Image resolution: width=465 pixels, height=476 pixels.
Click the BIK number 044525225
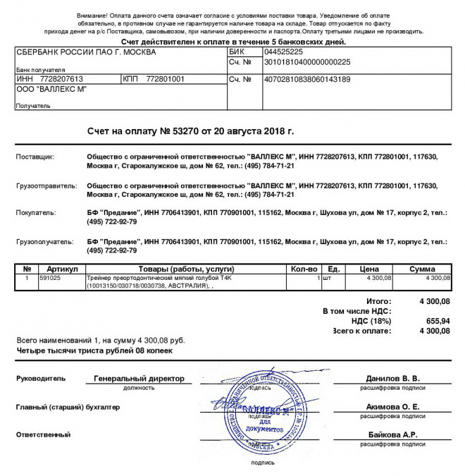pos(283,52)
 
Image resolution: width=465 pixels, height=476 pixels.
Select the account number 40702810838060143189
pos(306,79)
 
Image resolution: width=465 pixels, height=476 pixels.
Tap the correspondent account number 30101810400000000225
pos(306,62)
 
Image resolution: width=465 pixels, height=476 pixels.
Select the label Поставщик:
pos(35,157)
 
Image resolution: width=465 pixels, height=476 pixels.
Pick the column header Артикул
pos(61,269)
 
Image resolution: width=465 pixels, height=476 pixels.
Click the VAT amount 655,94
pos(436,320)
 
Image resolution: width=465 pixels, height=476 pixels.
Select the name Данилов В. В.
pos(392,379)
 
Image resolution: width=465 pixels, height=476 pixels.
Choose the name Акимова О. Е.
pos(392,407)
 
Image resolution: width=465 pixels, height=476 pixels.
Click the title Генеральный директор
pos(139,379)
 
